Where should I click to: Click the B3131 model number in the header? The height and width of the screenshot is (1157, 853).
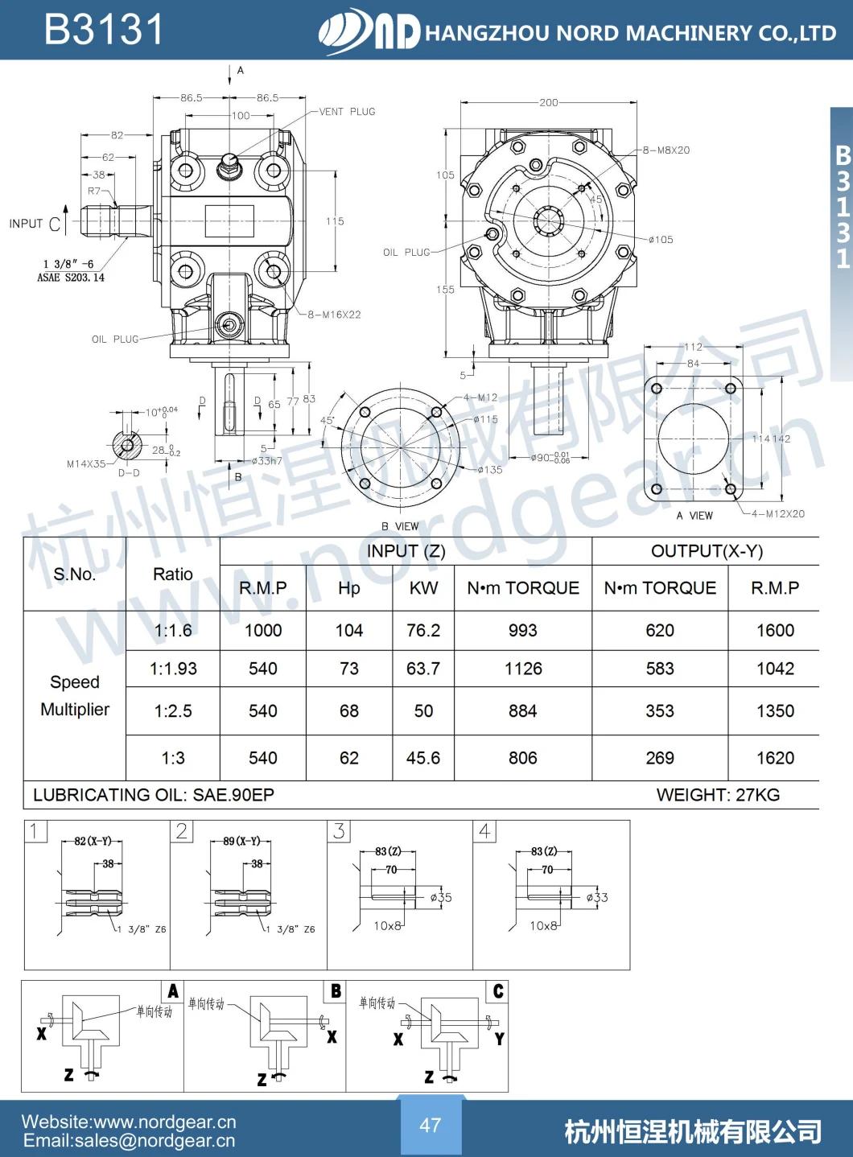[104, 30]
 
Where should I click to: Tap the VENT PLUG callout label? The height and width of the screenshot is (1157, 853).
[347, 112]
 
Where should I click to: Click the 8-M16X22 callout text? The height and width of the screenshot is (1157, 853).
[334, 315]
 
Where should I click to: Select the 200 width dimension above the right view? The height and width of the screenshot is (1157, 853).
[549, 102]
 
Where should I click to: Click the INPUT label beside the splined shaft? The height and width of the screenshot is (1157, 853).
[26, 224]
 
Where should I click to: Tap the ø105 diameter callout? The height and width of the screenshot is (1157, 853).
[661, 240]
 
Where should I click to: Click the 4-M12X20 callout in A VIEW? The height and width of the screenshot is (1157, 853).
[777, 514]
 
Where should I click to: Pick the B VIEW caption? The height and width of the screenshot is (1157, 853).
[400, 526]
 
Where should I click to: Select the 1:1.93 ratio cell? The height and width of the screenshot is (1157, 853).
[173, 669]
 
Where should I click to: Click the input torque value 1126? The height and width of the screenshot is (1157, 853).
[523, 669]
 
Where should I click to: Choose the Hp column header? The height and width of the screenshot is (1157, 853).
[349, 588]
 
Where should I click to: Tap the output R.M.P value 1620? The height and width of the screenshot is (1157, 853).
[775, 758]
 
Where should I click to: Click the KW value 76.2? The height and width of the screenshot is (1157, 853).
[423, 631]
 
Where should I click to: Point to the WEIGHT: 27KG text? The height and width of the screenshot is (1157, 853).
[718, 795]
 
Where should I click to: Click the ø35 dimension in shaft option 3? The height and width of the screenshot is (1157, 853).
[441, 897]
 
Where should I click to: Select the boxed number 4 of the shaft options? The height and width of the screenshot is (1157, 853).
[484, 830]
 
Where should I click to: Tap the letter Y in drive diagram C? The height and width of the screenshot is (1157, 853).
[499, 1039]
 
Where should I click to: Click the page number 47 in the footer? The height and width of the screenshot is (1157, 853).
[431, 1125]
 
